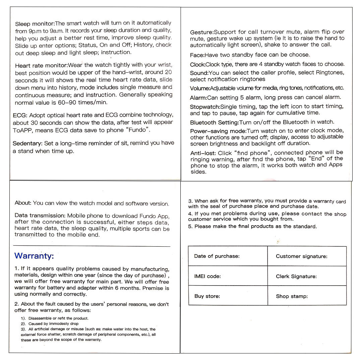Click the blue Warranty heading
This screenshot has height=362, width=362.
(x=34, y=256)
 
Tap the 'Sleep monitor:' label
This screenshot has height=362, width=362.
(x=35, y=24)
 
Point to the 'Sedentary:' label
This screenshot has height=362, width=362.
(x=27, y=143)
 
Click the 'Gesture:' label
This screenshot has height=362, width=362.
(x=202, y=33)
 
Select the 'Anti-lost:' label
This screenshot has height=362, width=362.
(x=203, y=153)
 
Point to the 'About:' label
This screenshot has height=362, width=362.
(x=23, y=203)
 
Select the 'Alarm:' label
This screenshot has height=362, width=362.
(x=198, y=98)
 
